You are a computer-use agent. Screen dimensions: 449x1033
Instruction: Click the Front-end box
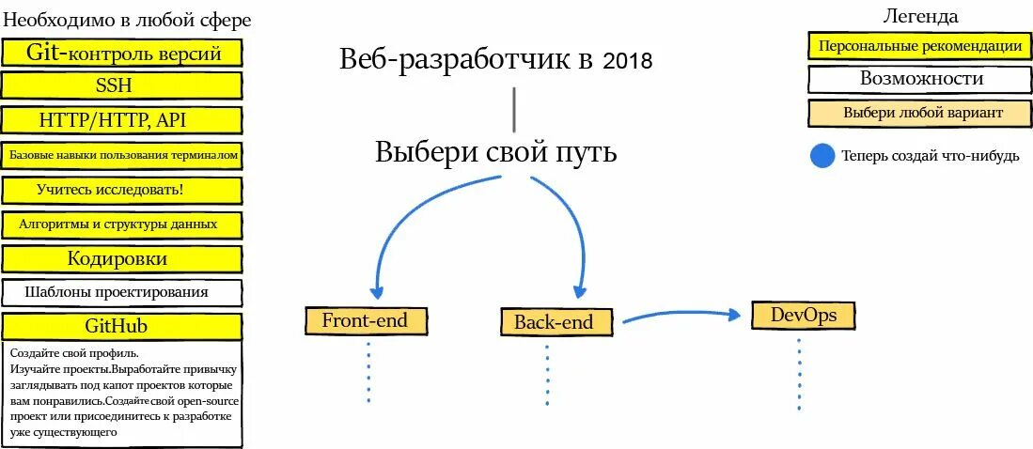(365, 320)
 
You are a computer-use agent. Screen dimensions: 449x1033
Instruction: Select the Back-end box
(554, 322)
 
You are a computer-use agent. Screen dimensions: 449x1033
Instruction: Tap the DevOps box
(804, 315)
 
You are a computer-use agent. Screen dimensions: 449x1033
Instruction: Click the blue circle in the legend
(822, 156)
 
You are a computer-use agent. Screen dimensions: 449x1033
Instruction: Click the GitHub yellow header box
(122, 326)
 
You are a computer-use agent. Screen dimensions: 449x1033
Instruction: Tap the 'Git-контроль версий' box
(122, 53)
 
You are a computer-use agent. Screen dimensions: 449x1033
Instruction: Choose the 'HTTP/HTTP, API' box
(122, 120)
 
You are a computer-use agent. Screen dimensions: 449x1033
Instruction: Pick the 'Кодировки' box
(122, 258)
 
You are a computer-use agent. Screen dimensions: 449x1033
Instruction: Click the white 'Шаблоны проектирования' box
(122, 292)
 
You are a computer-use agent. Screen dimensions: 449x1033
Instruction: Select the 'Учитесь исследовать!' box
(122, 190)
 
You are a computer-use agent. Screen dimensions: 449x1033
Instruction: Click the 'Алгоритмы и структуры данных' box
(122, 224)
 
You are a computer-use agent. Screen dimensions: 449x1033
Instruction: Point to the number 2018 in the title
(627, 62)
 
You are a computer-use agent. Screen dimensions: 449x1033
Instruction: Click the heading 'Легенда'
(920, 16)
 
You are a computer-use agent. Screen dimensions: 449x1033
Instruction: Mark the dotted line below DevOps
(799, 374)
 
